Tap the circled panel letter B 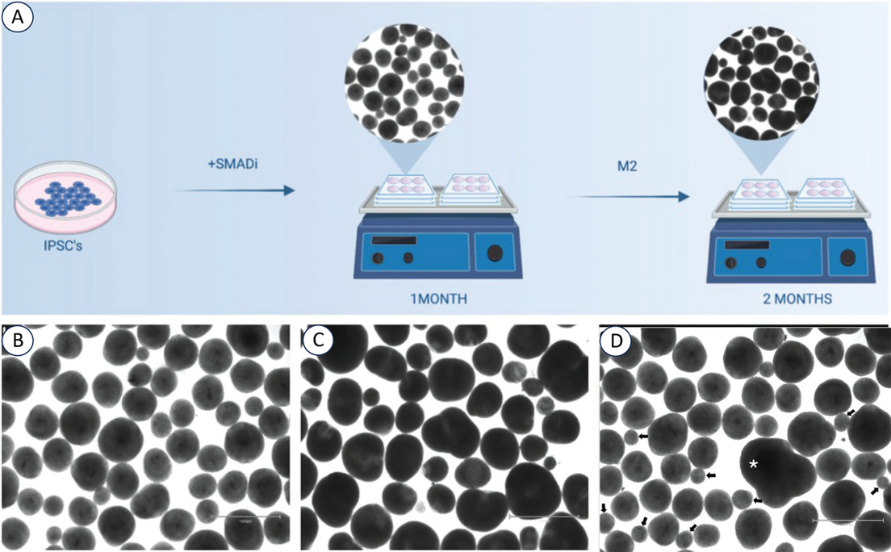pyautogui.click(x=18, y=342)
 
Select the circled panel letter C pyautogui.click(x=319, y=342)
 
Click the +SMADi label pyautogui.click(x=231, y=164)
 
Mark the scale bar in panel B pyautogui.click(x=245, y=515)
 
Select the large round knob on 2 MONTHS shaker pyautogui.click(x=848, y=257)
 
